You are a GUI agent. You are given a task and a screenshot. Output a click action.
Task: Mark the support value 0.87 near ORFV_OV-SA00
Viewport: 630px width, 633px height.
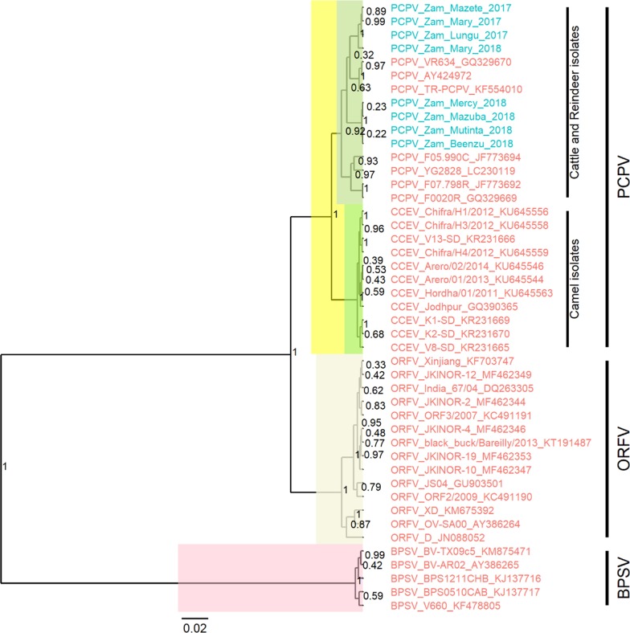tap(339, 523)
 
